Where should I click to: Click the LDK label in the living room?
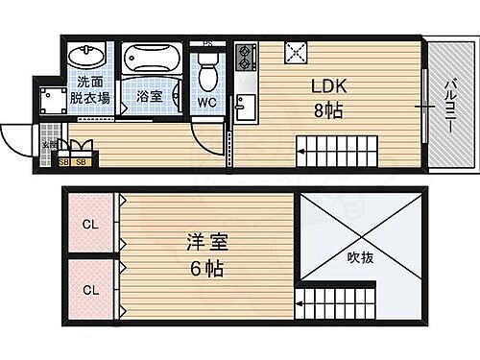click(328, 84)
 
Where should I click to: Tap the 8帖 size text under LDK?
click(328, 108)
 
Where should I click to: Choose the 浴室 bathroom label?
click(149, 98)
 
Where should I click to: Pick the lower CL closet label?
click(89, 289)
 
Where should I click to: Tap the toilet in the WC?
click(205, 69)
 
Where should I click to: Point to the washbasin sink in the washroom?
click(86, 54)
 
